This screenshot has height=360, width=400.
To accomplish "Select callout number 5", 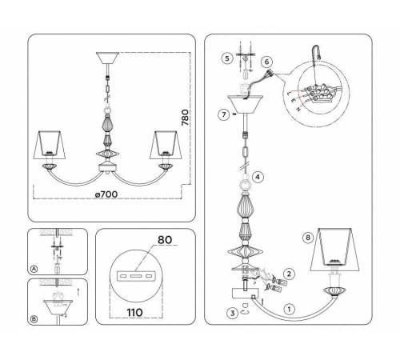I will coord(227,58).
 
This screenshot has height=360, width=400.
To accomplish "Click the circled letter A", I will coord(33,270).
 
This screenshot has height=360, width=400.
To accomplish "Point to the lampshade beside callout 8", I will coord(336,249).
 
